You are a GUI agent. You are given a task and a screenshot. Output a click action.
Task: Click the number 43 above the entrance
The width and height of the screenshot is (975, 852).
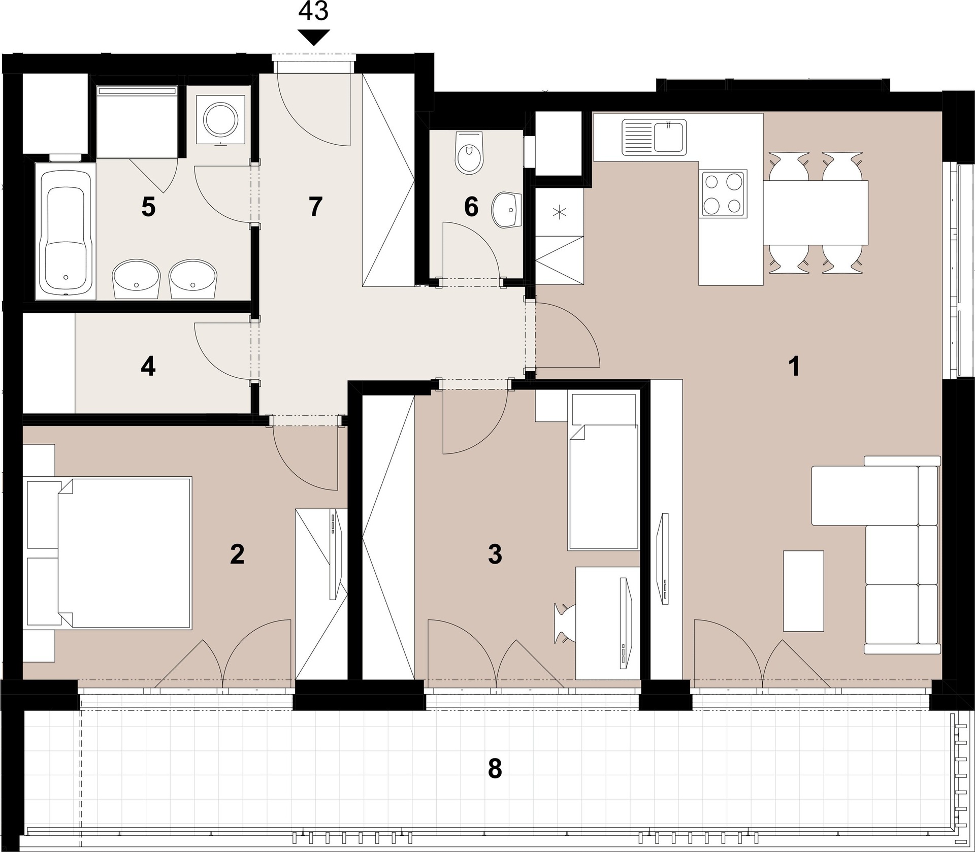[x=313, y=11]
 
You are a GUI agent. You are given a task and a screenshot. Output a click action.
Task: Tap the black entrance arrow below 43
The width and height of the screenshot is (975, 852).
[x=313, y=37]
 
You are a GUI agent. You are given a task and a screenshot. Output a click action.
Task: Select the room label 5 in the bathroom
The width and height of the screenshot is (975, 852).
[x=148, y=207]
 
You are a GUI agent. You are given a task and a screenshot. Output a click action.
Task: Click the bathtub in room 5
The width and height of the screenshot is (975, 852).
[x=65, y=231]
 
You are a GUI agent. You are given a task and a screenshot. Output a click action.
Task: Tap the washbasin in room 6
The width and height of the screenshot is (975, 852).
[x=507, y=210]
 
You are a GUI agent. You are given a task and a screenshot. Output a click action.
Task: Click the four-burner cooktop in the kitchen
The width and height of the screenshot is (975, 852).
[x=723, y=194]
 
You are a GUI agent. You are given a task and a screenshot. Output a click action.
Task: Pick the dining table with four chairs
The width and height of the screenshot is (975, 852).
[x=816, y=212]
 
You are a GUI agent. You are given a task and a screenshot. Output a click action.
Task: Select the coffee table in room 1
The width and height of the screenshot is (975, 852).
[x=803, y=591]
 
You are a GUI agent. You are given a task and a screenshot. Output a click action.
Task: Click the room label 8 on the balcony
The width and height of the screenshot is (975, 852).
[x=495, y=769]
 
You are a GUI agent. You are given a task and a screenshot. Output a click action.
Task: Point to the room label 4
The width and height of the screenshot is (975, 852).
[x=148, y=367]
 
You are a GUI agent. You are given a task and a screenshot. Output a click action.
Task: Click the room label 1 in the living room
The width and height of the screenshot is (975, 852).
[x=794, y=367]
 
